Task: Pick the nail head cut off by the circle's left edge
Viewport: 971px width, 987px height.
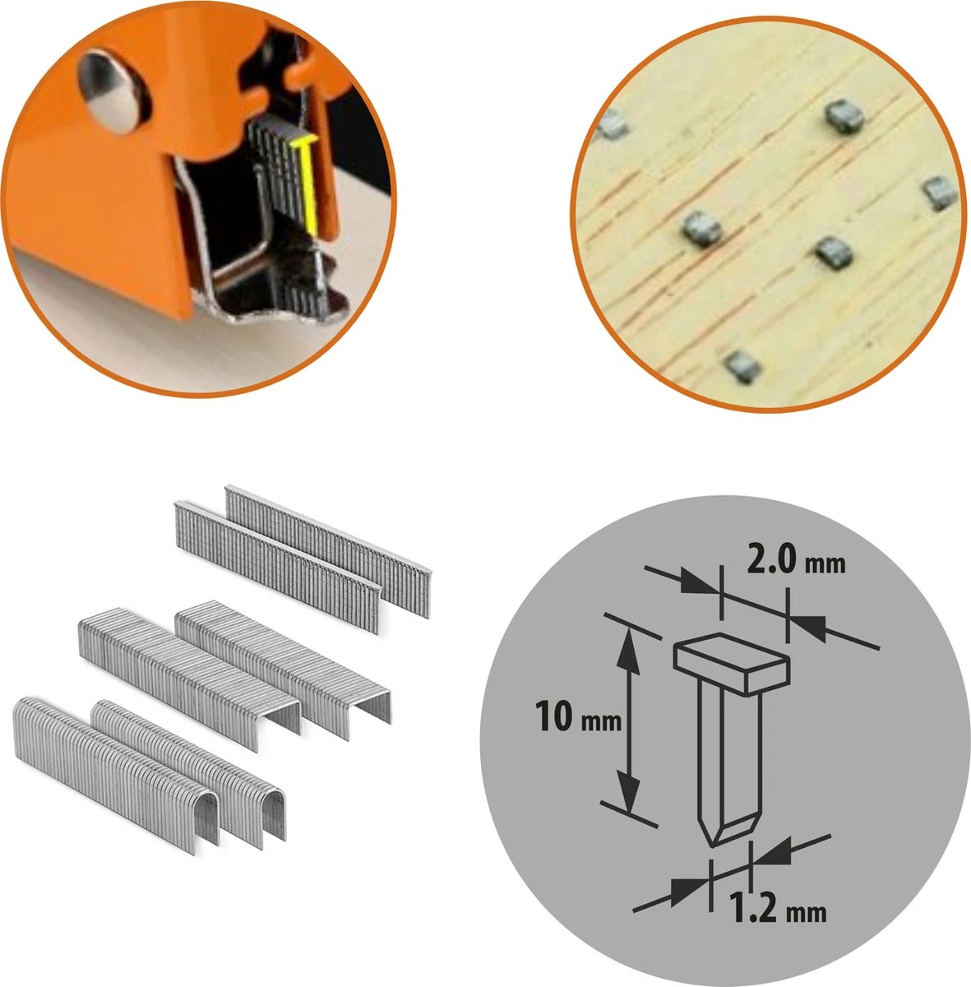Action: tap(611, 125)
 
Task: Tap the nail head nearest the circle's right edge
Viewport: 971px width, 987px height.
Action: tap(936, 192)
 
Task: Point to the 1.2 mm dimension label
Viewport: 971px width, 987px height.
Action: tap(777, 911)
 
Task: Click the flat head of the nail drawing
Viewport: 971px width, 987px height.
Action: tap(731, 664)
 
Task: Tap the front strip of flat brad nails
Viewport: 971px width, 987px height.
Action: tap(275, 568)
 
